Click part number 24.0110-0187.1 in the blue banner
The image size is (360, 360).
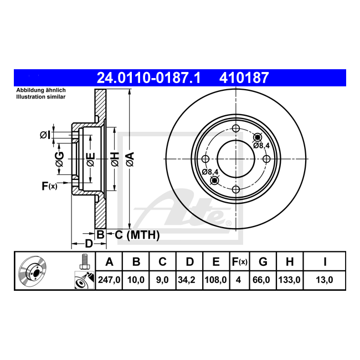pos(148,78)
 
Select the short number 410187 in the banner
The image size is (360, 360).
pos(244,78)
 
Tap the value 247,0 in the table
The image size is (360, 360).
pos(109,280)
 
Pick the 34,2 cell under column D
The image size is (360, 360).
pos(187,280)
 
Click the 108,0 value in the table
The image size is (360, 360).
pos(215,280)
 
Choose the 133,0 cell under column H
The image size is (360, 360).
pos(289,280)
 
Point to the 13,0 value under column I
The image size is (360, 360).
pos(325,280)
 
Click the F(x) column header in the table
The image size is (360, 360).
pos(239,262)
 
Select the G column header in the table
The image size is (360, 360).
pos(263,262)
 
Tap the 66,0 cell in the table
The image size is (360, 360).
pos(261,280)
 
